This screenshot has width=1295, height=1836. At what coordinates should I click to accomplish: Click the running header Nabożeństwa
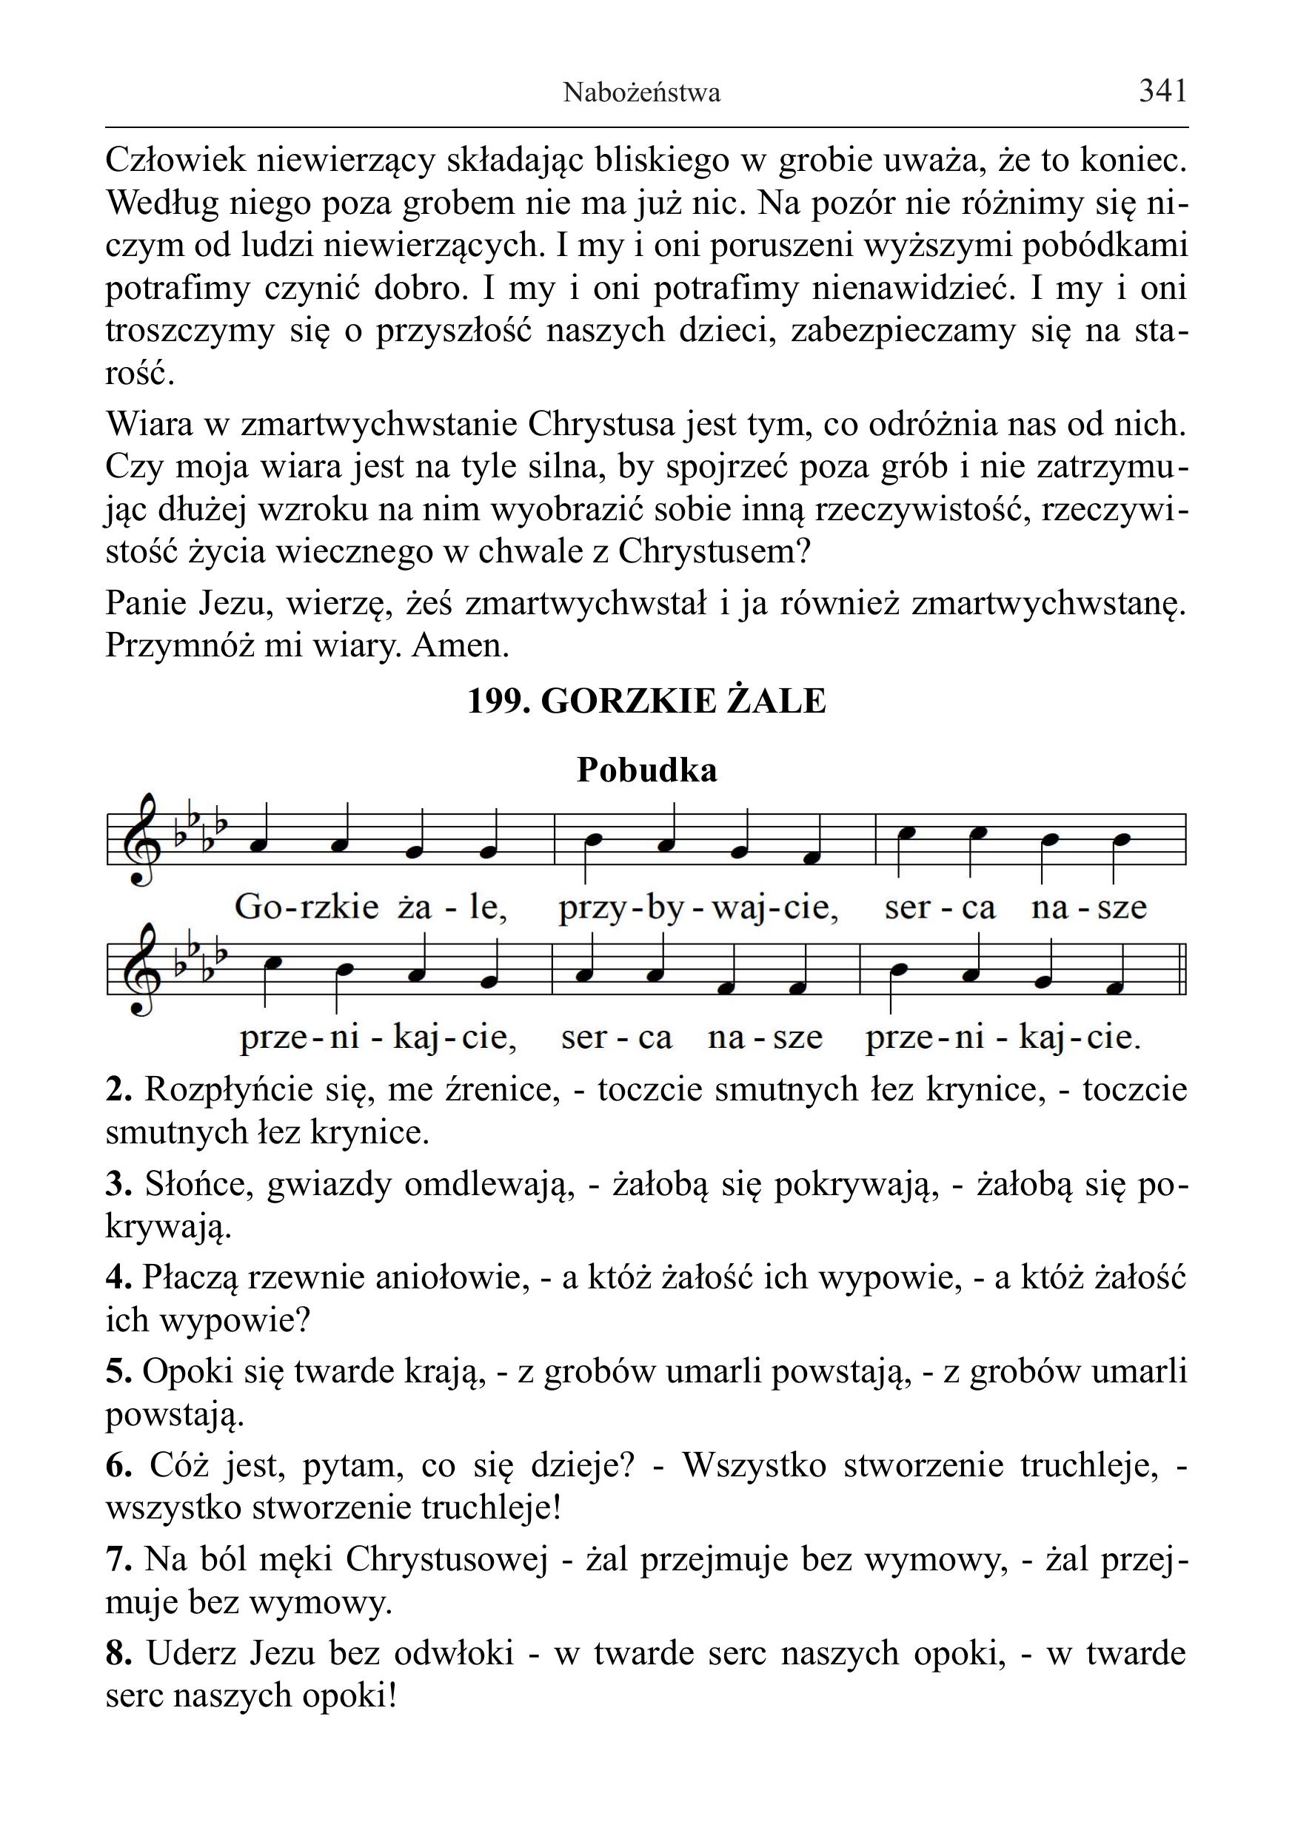coord(641,93)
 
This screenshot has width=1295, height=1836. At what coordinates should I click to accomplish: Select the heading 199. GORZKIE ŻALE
coord(646,701)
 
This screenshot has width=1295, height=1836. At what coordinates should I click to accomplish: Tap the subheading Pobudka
coord(646,770)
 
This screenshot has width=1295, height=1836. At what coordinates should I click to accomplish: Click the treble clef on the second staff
coord(144,969)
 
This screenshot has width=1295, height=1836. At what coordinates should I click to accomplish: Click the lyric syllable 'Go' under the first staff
coord(255,907)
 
